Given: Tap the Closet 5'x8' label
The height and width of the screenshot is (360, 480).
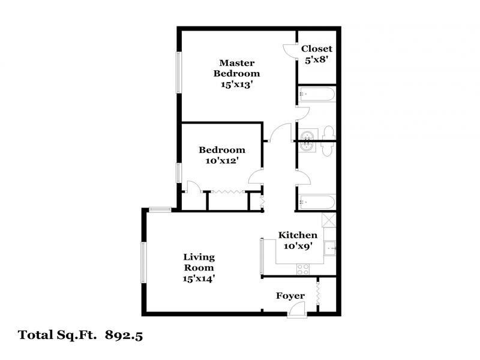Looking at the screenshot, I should click(x=316, y=49).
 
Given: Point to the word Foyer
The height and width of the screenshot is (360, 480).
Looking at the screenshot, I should click(x=290, y=296).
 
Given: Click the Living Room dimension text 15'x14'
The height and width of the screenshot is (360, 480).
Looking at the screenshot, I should click(x=199, y=278).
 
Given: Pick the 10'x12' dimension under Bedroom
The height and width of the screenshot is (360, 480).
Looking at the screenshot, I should click(x=222, y=161).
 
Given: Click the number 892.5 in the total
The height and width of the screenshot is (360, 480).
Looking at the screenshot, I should click(x=124, y=335).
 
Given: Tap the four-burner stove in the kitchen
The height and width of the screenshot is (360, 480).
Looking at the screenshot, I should click(x=303, y=271).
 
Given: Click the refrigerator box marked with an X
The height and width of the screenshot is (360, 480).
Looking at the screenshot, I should click(x=329, y=219).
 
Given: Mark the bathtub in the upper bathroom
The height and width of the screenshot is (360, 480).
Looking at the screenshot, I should click(x=317, y=94).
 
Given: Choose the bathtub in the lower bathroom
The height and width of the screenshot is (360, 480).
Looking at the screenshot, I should click(x=317, y=203).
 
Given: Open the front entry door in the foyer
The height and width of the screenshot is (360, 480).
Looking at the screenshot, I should click(x=296, y=310).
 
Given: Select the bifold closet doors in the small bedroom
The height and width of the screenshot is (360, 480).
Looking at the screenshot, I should click(x=227, y=192).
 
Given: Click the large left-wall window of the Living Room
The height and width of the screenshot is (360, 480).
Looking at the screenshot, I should click(x=143, y=262).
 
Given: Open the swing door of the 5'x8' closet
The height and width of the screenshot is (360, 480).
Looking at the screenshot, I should click(x=290, y=50).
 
